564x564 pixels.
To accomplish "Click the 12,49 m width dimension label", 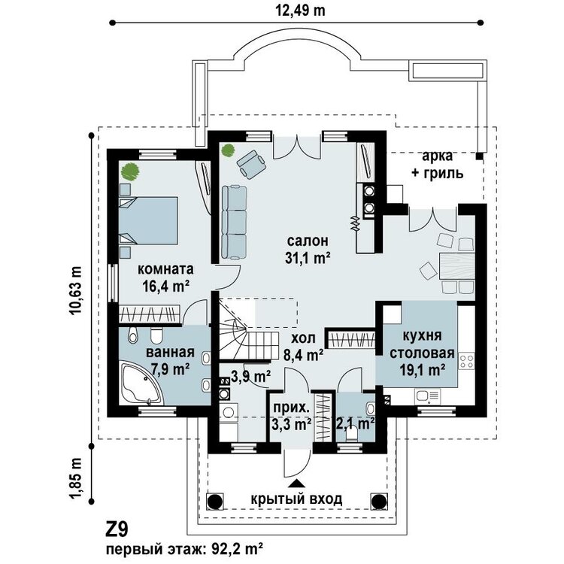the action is coord(300,11).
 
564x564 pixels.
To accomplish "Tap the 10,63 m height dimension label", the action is coord(76,290).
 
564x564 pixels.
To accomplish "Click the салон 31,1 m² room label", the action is coord(308,249).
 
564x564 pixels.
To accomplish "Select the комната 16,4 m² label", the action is coord(166,277).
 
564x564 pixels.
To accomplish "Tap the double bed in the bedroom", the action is coord(148,220).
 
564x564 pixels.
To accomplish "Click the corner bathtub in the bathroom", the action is coord(141,383).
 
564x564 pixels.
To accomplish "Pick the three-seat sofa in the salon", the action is coord(234,222).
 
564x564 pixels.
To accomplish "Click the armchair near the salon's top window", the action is coord(250,163).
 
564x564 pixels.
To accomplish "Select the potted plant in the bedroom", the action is coord(130,171).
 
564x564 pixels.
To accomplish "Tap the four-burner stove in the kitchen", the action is coord(466,361).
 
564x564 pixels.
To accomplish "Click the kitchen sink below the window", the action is coord(427,396).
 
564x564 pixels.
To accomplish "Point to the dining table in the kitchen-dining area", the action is coord(456,266).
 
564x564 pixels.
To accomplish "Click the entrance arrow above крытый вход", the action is coord(296,483).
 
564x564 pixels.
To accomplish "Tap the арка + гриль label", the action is coord(438,165).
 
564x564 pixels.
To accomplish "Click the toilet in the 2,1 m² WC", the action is coord(350,434).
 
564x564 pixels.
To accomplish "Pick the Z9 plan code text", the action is coord(117,529).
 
